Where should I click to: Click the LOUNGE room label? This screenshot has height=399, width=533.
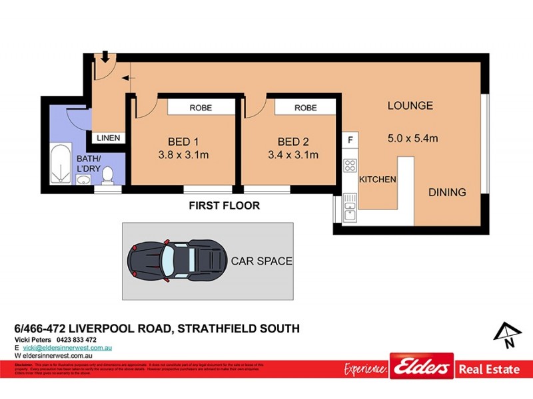point(410,106)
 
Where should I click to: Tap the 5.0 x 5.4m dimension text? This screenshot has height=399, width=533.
point(412,138)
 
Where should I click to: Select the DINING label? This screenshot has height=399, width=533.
point(447,192)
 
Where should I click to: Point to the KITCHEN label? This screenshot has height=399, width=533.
point(378,180)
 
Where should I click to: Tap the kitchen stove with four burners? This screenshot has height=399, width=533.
point(350,166)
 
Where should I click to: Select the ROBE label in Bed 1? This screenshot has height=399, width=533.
point(201,107)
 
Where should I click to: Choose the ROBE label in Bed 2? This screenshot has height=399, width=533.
point(306,107)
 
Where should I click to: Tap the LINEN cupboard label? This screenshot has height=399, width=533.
point(109,138)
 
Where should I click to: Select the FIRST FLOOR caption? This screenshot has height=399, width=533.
point(224,205)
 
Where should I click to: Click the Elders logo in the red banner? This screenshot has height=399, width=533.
point(420,367)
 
